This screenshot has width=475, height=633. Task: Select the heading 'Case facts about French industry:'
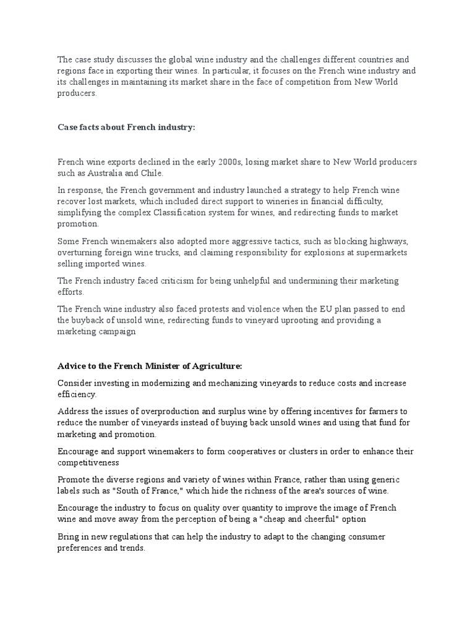(x=126, y=127)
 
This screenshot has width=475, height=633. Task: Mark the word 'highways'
(x=398, y=241)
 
